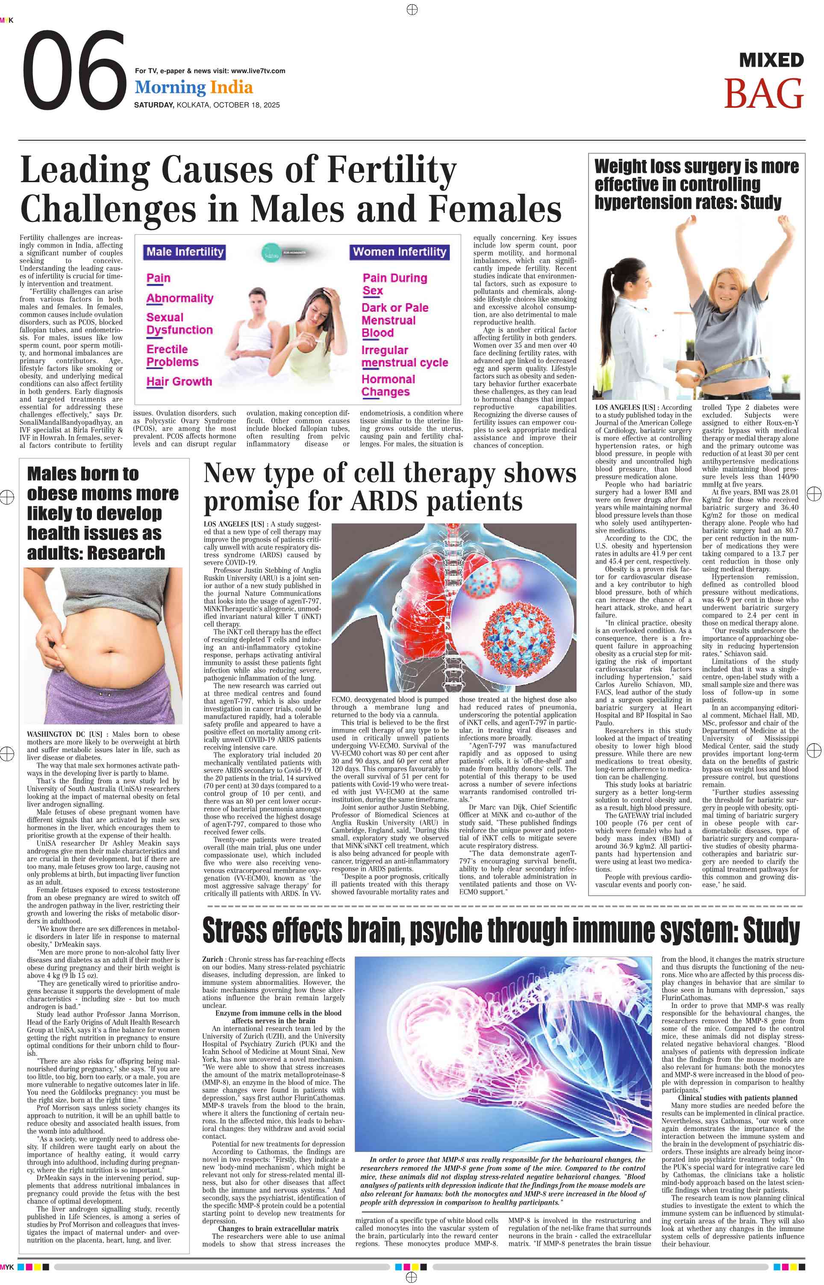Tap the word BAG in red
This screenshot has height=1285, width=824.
point(764,94)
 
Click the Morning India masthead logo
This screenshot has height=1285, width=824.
point(194,87)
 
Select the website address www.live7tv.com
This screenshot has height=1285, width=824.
point(258,71)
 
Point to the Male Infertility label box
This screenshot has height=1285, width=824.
point(185,252)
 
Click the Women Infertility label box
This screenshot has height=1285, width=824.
point(399,252)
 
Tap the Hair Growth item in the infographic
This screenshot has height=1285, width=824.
point(179,381)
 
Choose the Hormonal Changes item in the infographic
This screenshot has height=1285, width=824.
point(388,385)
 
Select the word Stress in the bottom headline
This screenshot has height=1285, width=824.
point(235,931)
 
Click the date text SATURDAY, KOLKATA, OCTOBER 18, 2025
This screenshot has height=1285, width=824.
point(206,105)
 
